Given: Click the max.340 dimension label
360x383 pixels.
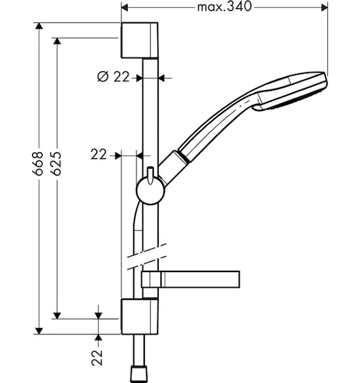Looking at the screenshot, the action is pyautogui.click(x=224, y=7).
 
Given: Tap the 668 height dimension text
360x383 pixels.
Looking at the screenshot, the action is pyautogui.click(x=38, y=163).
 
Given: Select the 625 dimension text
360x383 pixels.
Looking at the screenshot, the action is pyautogui.click(x=57, y=163).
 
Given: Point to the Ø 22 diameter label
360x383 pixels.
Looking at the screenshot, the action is pyautogui.click(x=113, y=77).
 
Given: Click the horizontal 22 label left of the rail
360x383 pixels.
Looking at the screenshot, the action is pyautogui.click(x=99, y=154).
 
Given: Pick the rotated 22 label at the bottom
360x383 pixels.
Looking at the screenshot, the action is pyautogui.click(x=97, y=358).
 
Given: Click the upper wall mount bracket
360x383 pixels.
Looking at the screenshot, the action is pyautogui.click(x=139, y=40).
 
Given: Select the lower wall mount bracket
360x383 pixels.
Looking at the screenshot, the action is pyautogui.click(x=139, y=317).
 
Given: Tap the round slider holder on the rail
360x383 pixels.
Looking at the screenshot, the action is pyautogui.click(x=150, y=191).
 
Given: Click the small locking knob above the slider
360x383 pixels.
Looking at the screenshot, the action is pyautogui.click(x=150, y=174).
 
